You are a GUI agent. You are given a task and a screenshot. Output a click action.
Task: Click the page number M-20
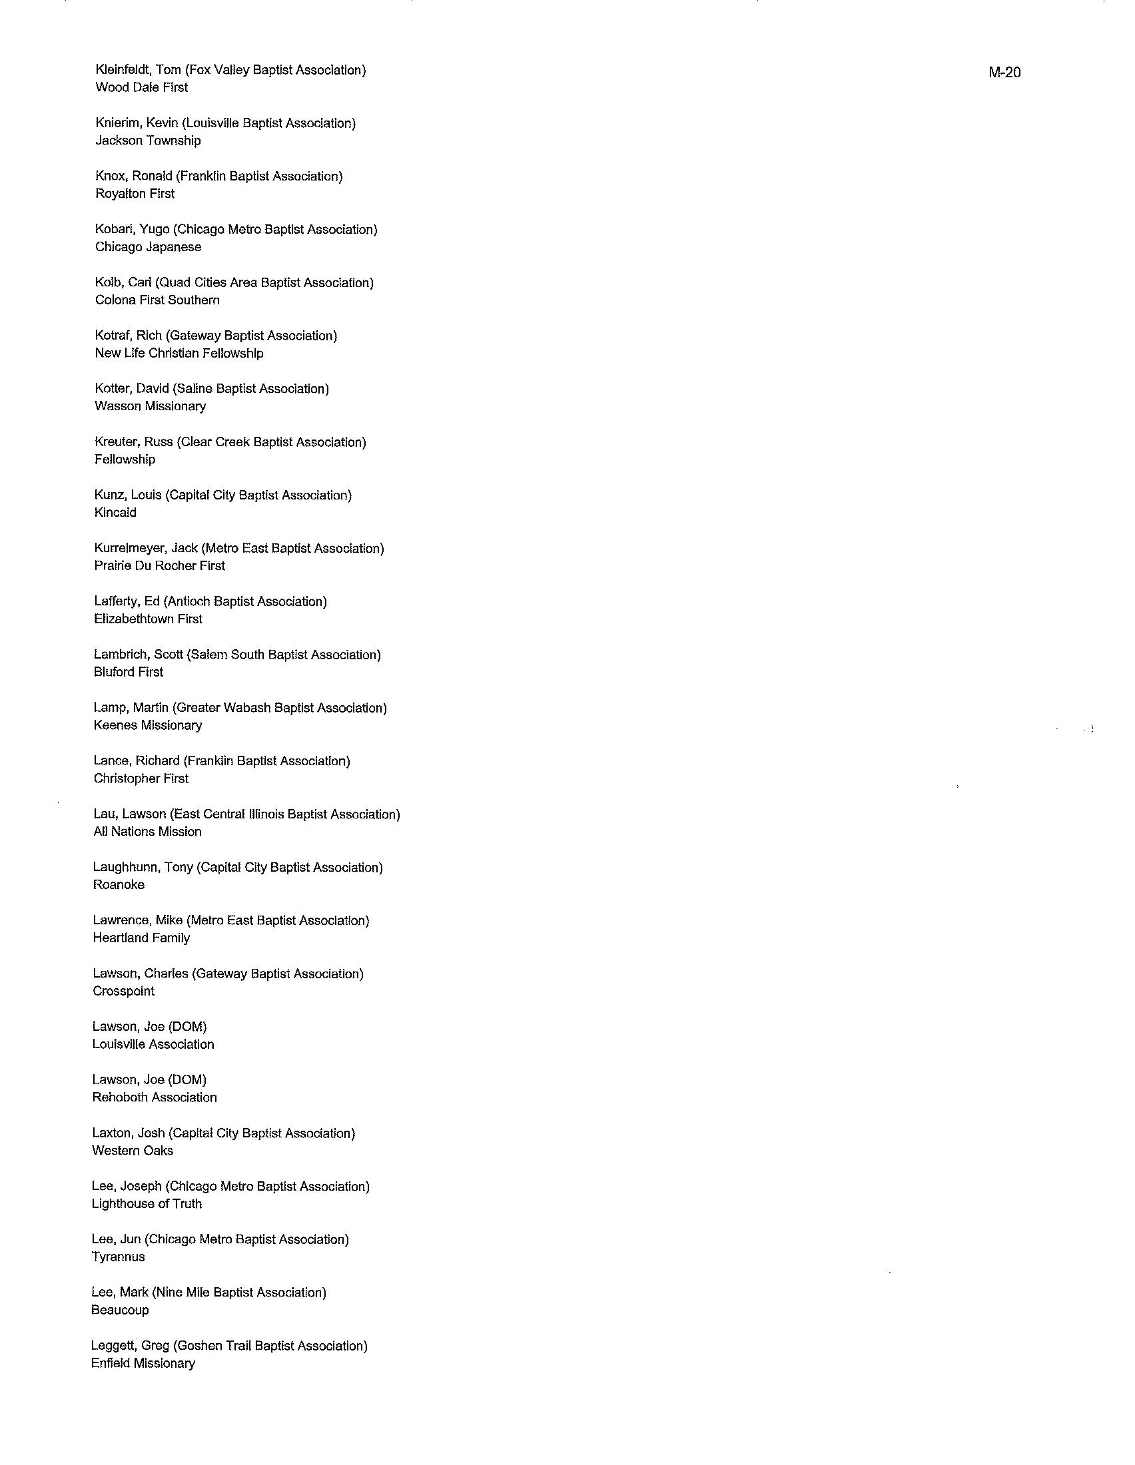(x=1004, y=73)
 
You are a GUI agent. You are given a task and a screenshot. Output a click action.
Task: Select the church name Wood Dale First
(x=141, y=87)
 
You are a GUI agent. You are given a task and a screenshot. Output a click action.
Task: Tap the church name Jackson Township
(x=148, y=141)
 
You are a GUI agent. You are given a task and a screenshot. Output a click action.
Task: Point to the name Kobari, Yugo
(x=131, y=230)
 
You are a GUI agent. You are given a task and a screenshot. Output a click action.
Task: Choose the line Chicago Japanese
(x=148, y=247)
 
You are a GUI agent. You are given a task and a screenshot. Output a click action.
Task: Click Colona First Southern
(x=157, y=300)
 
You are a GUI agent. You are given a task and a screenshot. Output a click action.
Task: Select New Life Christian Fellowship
(x=179, y=353)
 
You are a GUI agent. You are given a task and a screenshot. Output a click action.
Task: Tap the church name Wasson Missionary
(x=151, y=406)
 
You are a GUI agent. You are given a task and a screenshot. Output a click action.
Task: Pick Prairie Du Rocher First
(x=159, y=565)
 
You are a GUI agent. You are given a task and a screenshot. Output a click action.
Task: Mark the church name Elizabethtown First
(x=148, y=619)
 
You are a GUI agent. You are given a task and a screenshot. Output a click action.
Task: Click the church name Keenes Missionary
(x=148, y=725)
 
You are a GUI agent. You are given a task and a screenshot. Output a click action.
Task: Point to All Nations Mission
(x=147, y=832)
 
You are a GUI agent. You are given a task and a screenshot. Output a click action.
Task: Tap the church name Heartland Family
(x=141, y=938)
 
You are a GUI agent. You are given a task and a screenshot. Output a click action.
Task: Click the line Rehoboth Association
(x=155, y=1097)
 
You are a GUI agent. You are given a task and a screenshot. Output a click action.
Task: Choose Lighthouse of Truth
(x=147, y=1203)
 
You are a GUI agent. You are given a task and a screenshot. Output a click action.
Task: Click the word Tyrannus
(x=118, y=1257)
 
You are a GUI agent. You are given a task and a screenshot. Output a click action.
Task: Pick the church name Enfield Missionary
(x=143, y=1363)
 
